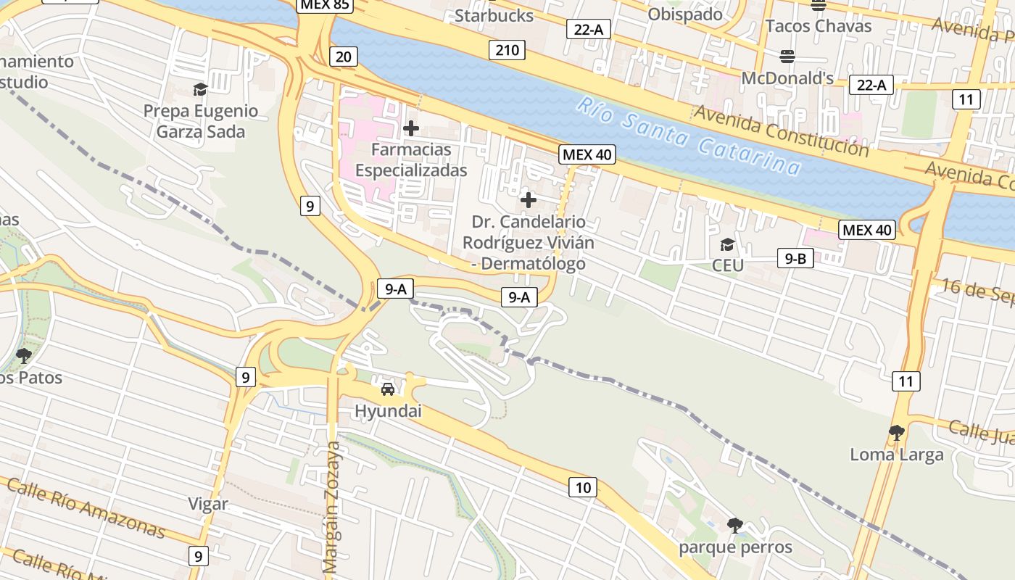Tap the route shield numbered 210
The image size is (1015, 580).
pos(507,50)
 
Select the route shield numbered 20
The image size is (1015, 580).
pos(343,57)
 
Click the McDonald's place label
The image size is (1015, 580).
pos(787,78)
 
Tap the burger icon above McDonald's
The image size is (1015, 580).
pos(787,56)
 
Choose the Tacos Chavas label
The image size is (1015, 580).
pos(819,26)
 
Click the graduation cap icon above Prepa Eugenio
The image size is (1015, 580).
pos(200,89)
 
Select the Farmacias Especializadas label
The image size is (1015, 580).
pos(411,160)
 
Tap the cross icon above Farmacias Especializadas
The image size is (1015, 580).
pos(411,128)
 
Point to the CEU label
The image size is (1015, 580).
pos(727,265)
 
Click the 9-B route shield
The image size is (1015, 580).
pos(795,258)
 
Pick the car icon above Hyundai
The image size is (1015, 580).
pos(388,389)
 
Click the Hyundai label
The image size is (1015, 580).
pos(388,411)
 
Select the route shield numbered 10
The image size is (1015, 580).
pos(583,487)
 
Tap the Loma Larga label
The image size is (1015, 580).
pos(897,455)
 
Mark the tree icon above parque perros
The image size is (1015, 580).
pos(735,525)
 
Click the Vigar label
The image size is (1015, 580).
pos(208,504)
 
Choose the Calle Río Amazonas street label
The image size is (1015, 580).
pos(86,507)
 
